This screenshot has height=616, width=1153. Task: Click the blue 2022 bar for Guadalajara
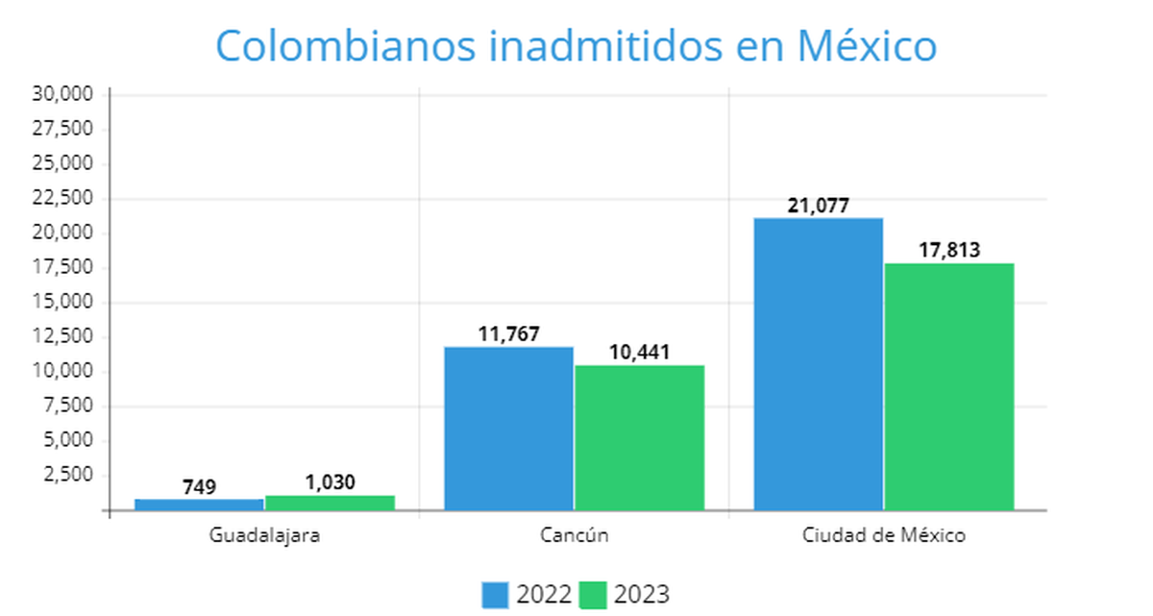199,504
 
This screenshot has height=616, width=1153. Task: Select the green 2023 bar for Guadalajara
330,502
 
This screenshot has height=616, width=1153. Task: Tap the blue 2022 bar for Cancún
508,428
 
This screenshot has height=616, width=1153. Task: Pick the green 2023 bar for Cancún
639,437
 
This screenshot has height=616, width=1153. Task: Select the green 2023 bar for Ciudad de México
949,386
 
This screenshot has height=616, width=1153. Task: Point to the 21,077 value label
818,206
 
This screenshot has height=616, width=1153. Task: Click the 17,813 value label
948,251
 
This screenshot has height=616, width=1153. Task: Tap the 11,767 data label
508,334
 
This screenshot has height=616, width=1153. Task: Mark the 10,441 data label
639,353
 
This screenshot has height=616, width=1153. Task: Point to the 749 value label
199,487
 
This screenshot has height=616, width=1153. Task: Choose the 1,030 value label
330,482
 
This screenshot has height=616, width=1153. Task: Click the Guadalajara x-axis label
264,535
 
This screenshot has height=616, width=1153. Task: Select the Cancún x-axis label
575,535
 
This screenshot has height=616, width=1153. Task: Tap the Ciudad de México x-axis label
884,535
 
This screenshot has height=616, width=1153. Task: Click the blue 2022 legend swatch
495,595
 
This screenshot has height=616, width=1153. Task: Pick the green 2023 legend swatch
594,595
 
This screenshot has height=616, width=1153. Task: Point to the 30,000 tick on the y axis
62,94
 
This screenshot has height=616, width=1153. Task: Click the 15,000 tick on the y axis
62,302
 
